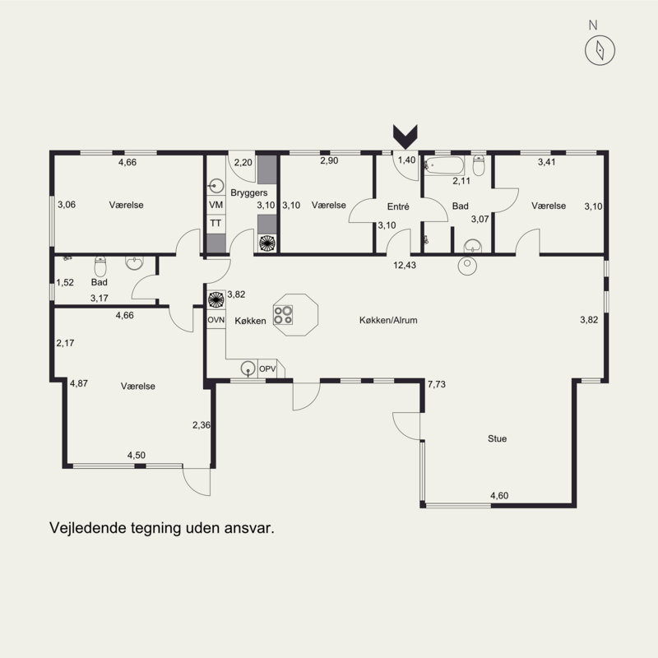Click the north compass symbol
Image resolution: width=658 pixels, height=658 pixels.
pyautogui.click(x=600, y=50)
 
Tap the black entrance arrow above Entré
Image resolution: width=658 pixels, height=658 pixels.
pyautogui.click(x=405, y=137)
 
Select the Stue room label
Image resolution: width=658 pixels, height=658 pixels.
pyautogui.click(x=498, y=438)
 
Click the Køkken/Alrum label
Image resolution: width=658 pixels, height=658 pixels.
pyautogui.click(x=388, y=320)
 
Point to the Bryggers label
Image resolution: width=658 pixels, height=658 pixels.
pyautogui.click(x=249, y=193)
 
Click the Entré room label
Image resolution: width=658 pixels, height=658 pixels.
pyautogui.click(x=398, y=206)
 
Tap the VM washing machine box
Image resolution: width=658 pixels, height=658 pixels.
pyautogui.click(x=215, y=205)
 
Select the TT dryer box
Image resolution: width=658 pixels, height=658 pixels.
pyautogui.click(x=215, y=223)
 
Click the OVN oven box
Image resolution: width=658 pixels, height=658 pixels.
pyautogui.click(x=216, y=320)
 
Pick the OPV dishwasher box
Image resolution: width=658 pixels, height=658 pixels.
pyautogui.click(x=267, y=368)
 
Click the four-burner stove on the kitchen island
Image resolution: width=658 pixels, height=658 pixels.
pyautogui.click(x=283, y=315)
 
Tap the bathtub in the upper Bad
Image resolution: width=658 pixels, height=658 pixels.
pyautogui.click(x=444, y=166)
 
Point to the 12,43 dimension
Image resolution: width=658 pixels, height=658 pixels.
pyautogui.click(x=405, y=265)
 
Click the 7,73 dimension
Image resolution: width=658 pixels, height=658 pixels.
pyautogui.click(x=437, y=384)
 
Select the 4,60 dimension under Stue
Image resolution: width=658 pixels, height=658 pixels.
pyautogui.click(x=499, y=496)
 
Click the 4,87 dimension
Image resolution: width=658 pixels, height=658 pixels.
pyautogui.click(x=79, y=383)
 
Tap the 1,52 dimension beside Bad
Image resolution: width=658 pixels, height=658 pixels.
pyautogui.click(x=65, y=282)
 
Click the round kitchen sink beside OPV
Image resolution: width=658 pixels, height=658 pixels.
pyautogui.click(x=248, y=368)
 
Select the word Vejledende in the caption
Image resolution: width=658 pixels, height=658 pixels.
pyautogui.click(x=88, y=528)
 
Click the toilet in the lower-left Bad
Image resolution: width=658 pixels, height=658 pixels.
pyautogui.click(x=100, y=266)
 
